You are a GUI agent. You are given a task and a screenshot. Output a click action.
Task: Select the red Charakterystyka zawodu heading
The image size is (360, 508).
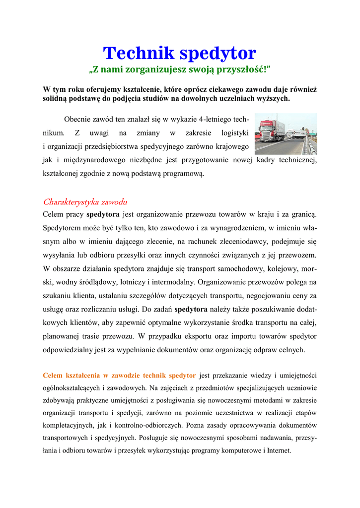(x=85, y=202)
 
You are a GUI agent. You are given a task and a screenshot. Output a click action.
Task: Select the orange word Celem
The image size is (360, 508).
(x=53, y=375)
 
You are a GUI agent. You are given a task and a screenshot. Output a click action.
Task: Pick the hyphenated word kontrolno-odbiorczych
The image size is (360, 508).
(x=149, y=425)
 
